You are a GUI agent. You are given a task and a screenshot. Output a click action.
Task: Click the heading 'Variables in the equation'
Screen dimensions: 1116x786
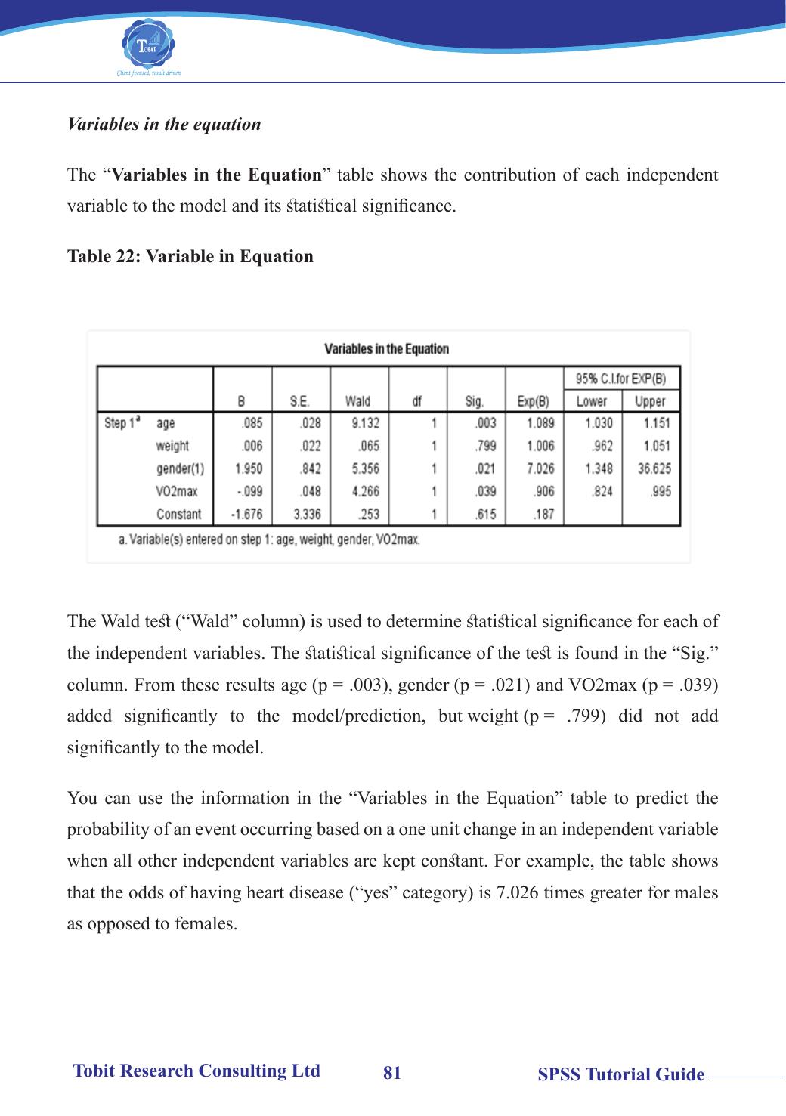click(x=164, y=125)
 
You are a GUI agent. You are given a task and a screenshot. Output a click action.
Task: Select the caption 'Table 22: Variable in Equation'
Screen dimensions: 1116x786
click(x=190, y=257)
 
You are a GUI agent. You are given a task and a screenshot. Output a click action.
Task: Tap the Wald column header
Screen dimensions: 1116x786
click(x=357, y=401)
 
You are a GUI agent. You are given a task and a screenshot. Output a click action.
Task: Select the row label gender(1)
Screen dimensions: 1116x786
click(x=180, y=469)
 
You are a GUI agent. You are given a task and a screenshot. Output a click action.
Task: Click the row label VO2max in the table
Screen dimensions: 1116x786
click(x=177, y=492)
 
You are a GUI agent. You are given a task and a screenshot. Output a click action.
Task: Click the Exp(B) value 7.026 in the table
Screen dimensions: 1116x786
click(x=540, y=469)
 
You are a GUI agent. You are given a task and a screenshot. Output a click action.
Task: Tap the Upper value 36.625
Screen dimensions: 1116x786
click(x=654, y=469)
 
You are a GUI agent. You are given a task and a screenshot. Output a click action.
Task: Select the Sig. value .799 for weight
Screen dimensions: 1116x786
click(x=484, y=447)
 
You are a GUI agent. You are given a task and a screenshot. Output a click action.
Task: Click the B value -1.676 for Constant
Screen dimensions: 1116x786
click(x=246, y=515)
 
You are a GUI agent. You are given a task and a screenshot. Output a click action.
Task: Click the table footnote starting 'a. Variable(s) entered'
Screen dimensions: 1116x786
click(x=269, y=540)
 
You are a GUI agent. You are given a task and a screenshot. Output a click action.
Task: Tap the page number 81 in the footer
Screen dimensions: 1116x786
click(x=392, y=1073)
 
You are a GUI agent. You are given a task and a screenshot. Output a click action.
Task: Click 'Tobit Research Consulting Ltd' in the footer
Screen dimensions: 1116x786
click(x=196, y=1071)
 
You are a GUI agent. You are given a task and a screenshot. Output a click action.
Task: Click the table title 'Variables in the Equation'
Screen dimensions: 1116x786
click(x=386, y=349)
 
